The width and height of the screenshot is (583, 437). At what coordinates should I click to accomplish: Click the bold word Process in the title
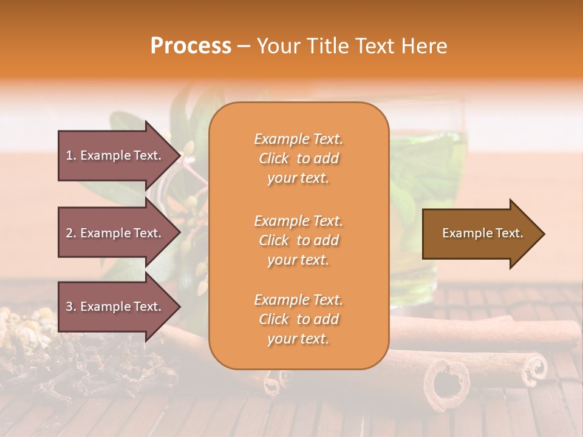191,46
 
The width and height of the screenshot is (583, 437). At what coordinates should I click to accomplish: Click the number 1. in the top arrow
70,155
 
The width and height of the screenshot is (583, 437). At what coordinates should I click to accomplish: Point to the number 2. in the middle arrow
70,233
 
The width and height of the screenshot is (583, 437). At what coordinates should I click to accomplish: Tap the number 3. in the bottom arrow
70,307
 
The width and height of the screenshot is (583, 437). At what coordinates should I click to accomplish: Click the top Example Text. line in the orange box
298,139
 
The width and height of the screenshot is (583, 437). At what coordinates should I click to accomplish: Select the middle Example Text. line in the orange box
298,221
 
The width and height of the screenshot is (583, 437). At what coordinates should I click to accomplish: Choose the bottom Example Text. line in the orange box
298,300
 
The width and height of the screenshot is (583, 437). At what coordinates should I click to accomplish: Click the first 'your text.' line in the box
298,178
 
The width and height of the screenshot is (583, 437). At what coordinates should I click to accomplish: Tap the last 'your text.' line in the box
298,339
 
